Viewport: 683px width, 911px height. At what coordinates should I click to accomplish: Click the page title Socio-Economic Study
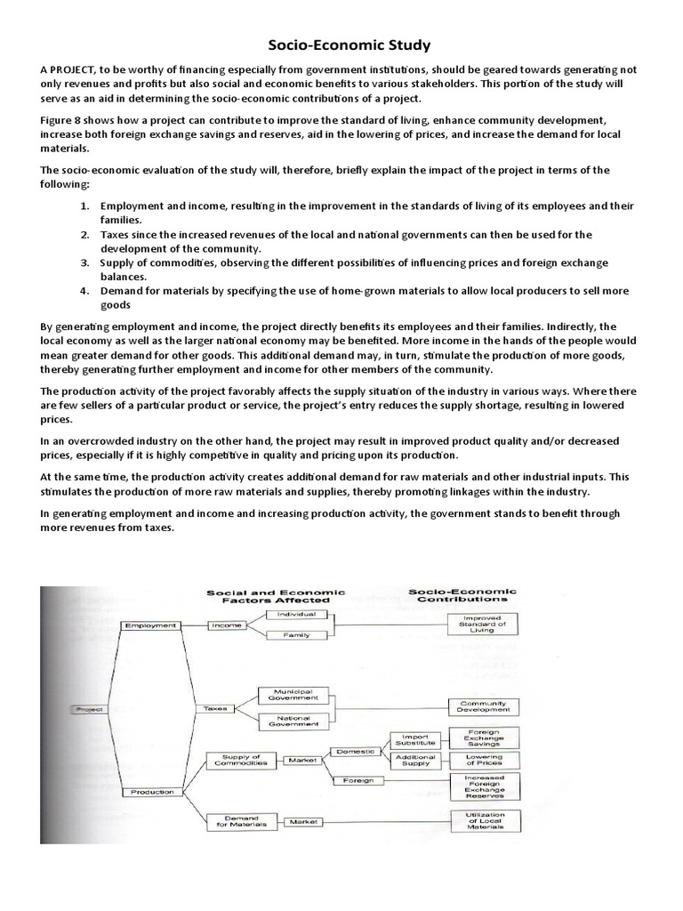(x=341, y=44)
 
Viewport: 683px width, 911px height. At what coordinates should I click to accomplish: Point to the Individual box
(x=296, y=615)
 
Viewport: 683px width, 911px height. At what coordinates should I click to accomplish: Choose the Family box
(x=296, y=635)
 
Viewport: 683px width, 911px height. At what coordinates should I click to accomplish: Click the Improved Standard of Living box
(x=483, y=624)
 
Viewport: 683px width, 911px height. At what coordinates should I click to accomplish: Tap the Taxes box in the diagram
(x=215, y=709)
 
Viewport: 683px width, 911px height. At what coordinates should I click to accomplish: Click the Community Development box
(x=483, y=706)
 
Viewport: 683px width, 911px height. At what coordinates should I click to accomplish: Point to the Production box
(x=151, y=791)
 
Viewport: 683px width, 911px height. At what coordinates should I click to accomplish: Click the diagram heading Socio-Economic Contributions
(x=462, y=595)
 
